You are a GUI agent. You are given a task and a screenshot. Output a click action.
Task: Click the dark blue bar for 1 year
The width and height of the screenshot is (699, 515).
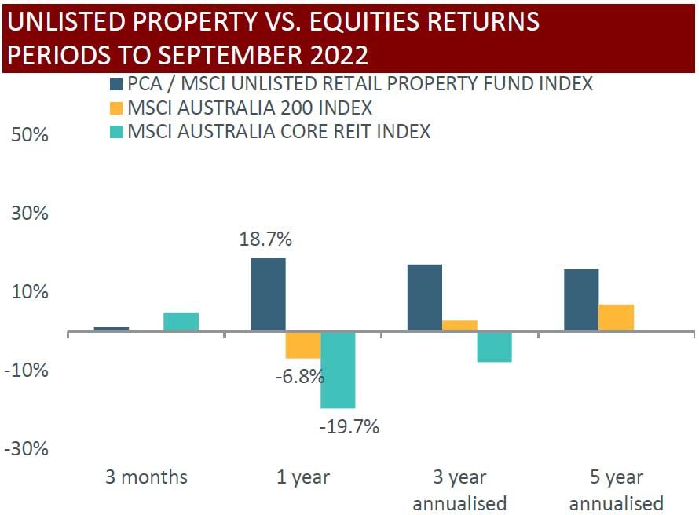(268, 294)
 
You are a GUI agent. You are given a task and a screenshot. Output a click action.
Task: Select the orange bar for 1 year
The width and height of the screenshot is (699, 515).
(302, 345)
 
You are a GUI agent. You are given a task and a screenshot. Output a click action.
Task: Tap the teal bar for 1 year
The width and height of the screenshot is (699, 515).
(338, 370)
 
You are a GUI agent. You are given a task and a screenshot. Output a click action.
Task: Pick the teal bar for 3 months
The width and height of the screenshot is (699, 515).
(181, 322)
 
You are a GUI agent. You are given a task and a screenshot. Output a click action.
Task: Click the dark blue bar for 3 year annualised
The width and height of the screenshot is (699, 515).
(425, 298)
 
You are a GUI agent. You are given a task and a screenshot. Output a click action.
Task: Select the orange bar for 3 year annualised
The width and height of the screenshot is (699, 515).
(459, 326)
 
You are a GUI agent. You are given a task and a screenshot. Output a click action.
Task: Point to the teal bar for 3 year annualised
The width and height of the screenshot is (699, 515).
(494, 347)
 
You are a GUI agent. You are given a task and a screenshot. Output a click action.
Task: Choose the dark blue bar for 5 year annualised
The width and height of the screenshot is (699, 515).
(581, 300)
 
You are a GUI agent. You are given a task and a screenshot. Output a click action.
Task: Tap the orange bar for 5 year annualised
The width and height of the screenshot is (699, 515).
(617, 317)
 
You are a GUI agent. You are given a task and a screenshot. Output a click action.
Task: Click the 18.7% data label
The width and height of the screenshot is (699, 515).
(266, 239)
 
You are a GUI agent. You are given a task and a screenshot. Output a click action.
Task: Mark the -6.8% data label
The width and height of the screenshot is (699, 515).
(299, 376)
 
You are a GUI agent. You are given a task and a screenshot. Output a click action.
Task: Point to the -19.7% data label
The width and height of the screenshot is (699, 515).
(349, 427)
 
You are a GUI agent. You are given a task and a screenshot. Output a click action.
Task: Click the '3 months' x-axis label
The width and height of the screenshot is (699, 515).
(147, 477)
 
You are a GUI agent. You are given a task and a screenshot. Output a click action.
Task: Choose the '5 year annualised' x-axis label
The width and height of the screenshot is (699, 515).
(617, 490)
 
